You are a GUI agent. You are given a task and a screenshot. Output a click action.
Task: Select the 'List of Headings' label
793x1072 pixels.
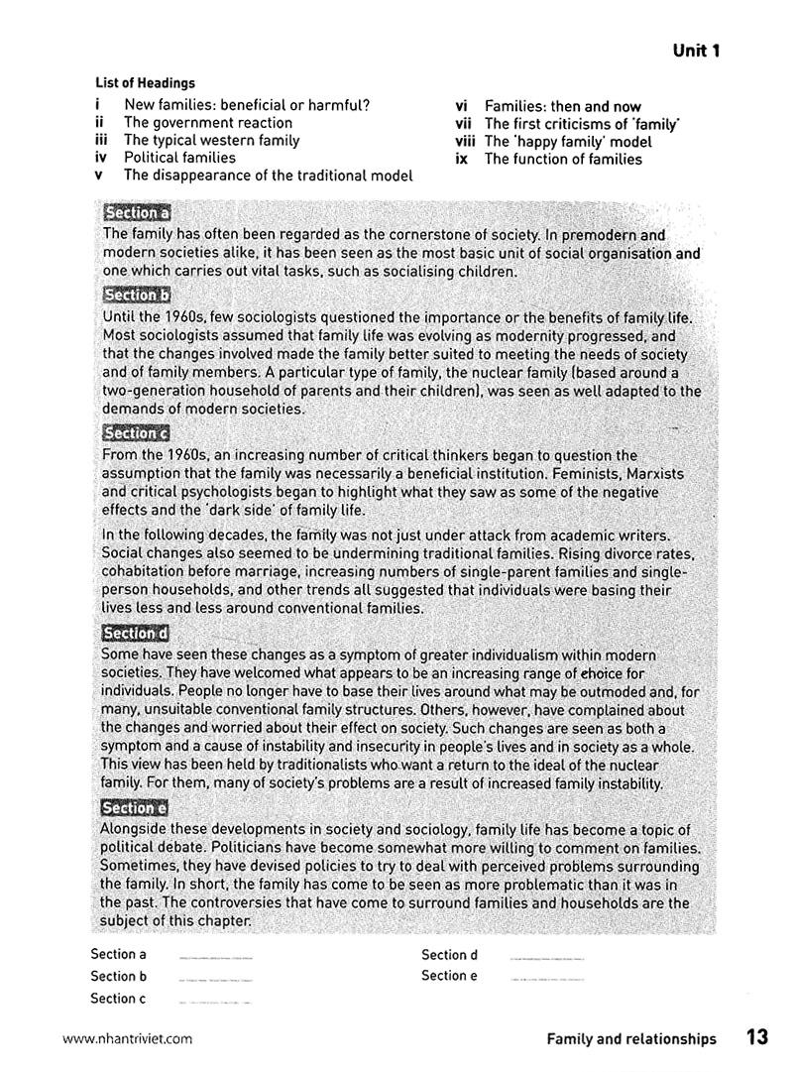146,84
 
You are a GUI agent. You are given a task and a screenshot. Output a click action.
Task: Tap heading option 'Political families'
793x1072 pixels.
179,158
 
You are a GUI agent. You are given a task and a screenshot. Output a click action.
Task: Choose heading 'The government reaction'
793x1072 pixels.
207,123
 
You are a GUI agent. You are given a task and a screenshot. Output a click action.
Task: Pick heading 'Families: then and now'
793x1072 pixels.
562,106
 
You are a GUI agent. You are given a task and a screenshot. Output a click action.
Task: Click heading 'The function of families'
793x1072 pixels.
562,159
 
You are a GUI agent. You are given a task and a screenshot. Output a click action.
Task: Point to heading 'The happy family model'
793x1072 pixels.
568,142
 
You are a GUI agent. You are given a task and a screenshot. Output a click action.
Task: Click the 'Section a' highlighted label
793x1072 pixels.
138,213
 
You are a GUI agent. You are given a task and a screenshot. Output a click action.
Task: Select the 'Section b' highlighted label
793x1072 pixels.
138,295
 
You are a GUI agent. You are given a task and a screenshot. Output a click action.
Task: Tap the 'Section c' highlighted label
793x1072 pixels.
137,432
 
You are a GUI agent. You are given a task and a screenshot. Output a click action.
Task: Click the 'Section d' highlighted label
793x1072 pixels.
137,633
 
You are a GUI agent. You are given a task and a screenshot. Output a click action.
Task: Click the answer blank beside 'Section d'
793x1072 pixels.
546,958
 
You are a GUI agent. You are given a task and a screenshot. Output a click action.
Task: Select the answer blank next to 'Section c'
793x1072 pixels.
214,1002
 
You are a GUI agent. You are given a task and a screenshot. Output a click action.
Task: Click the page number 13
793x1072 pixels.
757,1037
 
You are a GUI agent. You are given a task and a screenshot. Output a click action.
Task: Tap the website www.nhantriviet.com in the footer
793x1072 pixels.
127,1039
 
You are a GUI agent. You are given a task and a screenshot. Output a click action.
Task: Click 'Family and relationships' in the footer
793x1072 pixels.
630,1039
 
